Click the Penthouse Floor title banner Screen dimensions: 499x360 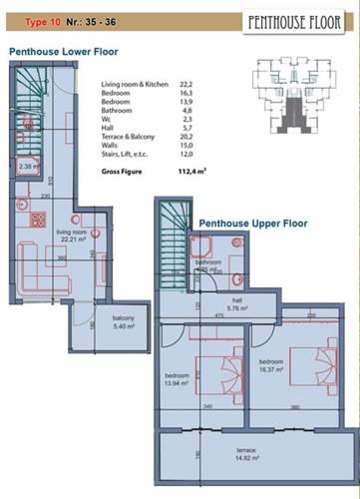(296, 20)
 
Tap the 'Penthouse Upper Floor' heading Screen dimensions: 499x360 (251, 223)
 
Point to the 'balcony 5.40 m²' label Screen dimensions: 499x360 (124, 321)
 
